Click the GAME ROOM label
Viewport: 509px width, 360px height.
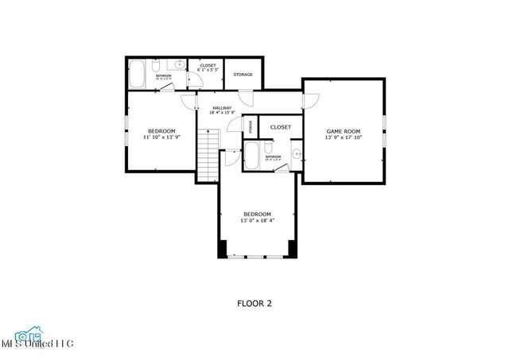click(343, 131)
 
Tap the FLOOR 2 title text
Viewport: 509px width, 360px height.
click(254, 303)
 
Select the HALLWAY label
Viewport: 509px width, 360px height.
click(221, 108)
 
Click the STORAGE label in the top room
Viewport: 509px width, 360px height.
click(243, 75)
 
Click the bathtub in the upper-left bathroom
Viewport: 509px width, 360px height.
click(138, 75)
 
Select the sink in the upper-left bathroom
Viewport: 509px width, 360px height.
click(180, 64)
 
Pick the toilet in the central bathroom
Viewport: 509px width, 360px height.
click(270, 148)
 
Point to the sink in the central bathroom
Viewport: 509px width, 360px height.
click(296, 153)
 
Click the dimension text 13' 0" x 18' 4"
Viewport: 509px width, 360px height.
click(257, 221)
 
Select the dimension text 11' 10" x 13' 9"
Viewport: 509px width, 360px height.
click(161, 137)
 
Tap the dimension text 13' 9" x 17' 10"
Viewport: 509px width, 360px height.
click(343, 137)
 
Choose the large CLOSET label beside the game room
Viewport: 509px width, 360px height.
click(280, 127)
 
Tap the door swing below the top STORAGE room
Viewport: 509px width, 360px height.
click(247, 99)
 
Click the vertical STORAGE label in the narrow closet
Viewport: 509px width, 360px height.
click(251, 126)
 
